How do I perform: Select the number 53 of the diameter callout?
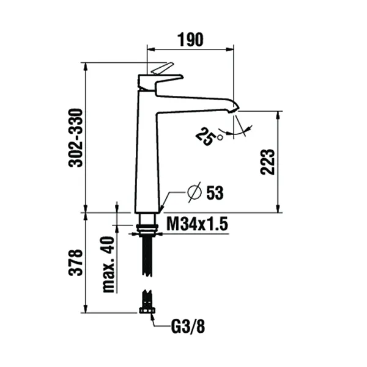click(215, 193)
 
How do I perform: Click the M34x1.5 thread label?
click(198, 225)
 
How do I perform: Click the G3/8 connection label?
click(187, 325)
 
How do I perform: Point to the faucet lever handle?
click(161, 69)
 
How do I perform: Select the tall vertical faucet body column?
click(146, 153)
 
